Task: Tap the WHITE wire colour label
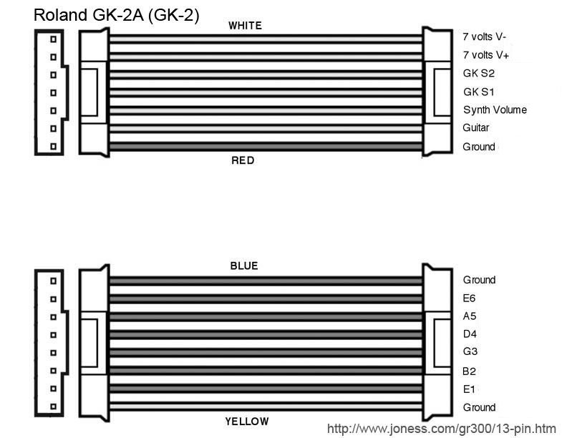pyautogui.click(x=245, y=26)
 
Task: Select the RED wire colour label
pyautogui.click(x=243, y=160)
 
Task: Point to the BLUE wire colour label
pyautogui.click(x=243, y=266)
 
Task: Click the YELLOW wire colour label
pyautogui.click(x=247, y=422)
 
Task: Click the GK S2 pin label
pyautogui.click(x=479, y=73)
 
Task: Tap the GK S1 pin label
pyautogui.click(x=479, y=92)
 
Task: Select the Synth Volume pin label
pyautogui.click(x=495, y=109)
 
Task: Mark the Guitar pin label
pyautogui.click(x=476, y=128)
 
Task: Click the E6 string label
pyautogui.click(x=470, y=298)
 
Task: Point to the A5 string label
pyautogui.click(x=470, y=316)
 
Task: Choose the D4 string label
pyautogui.click(x=470, y=334)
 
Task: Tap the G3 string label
pyautogui.click(x=470, y=352)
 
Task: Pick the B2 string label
pyautogui.click(x=470, y=371)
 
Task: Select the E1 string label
pyautogui.click(x=470, y=389)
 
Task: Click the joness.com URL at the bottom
pyautogui.click(x=441, y=429)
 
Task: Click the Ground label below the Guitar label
pyautogui.click(x=479, y=147)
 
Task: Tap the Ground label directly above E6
pyautogui.click(x=479, y=280)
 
